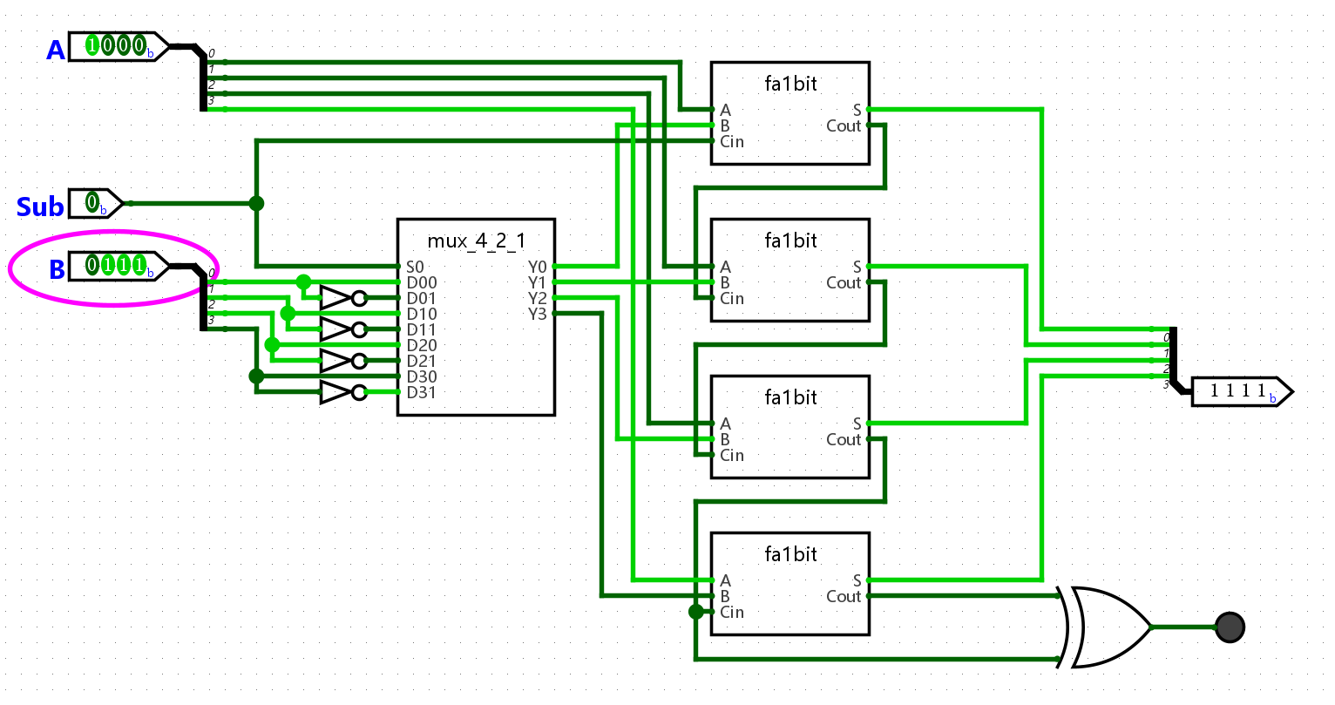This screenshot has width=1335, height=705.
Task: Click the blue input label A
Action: (56, 50)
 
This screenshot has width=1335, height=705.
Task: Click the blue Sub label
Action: (40, 207)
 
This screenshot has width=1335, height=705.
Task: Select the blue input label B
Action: (57, 269)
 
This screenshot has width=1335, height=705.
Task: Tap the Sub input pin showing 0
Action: (95, 204)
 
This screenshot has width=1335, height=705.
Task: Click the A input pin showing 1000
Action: (119, 46)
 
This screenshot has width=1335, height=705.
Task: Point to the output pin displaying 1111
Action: (1242, 391)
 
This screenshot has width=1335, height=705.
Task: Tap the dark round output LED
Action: (1230, 627)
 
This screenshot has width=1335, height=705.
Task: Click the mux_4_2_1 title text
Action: (476, 241)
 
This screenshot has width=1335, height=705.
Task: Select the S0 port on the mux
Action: (415, 267)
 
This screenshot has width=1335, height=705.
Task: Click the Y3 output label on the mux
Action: (537, 314)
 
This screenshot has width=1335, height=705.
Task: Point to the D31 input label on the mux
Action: (422, 392)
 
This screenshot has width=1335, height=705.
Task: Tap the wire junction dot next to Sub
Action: (256, 204)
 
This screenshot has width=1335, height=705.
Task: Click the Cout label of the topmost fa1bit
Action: (844, 125)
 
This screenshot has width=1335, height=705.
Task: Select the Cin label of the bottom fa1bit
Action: (732, 612)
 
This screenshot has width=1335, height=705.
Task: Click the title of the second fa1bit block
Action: (790, 241)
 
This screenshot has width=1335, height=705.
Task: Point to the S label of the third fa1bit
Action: (857, 424)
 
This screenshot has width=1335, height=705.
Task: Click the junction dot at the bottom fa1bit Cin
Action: (695, 612)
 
